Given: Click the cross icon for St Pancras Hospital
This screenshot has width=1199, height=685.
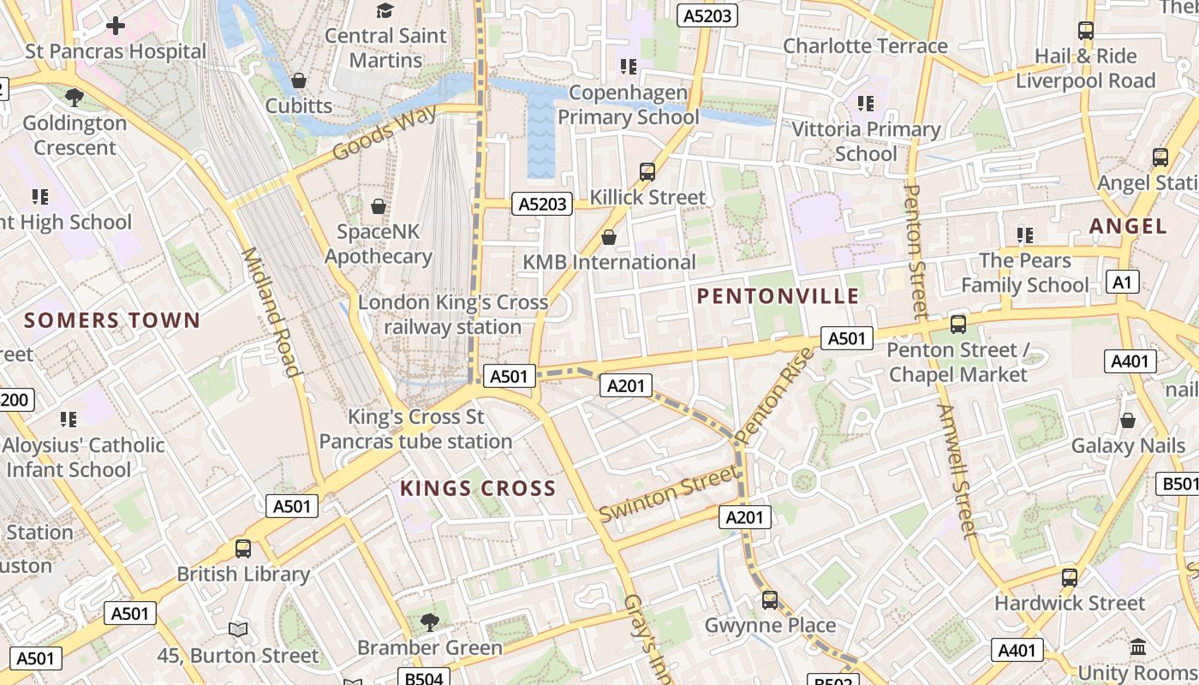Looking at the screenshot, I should pos(116,26).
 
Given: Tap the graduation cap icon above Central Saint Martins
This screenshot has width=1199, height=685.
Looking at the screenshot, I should pos(385,10).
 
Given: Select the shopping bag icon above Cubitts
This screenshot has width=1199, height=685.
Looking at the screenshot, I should pos(299,80).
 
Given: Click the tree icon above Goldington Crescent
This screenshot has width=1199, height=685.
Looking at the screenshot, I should pos(75,98).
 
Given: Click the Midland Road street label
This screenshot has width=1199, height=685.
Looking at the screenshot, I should pos(270,312).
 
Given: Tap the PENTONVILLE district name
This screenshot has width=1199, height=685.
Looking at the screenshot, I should pos(778,296).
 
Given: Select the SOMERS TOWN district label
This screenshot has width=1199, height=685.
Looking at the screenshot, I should pos(112,321).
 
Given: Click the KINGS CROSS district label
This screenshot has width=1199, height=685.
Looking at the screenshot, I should pos(478,489).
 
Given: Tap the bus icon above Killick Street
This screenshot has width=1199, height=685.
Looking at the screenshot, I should pos(647,172).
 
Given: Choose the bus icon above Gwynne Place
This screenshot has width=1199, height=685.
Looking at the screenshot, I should pos(770,600).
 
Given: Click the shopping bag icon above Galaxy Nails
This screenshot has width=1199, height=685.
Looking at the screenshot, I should pos(1128,420).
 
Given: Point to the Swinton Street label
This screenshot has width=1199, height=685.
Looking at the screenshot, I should pos(668,495).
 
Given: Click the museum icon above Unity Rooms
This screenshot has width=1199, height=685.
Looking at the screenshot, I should pos(1138,647).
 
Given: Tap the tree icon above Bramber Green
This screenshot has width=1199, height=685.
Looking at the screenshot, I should pos(430,622).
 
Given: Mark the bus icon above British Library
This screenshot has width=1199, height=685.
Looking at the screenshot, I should pos(243,549).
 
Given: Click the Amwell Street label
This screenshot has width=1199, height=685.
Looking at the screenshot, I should pos(957,472).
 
